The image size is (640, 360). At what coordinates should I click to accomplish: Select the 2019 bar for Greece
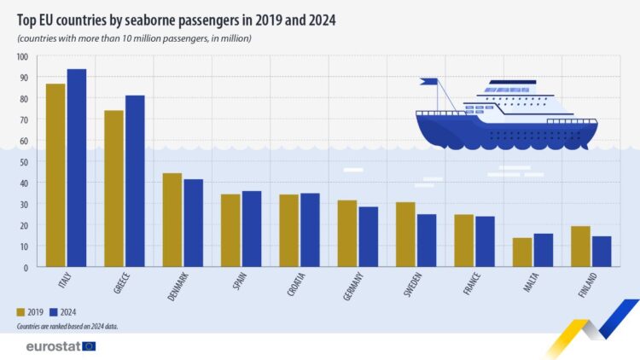coord(114,189)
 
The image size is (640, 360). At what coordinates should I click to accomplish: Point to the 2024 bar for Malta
coord(543,250)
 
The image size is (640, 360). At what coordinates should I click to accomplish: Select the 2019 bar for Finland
coord(580,247)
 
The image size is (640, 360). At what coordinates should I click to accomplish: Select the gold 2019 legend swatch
coord(22,312)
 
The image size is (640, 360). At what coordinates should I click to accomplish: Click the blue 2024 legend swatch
coord(56,312)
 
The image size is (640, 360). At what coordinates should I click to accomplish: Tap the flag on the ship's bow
coord(429,83)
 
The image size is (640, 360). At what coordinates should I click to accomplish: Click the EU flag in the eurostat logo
coord(88,346)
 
